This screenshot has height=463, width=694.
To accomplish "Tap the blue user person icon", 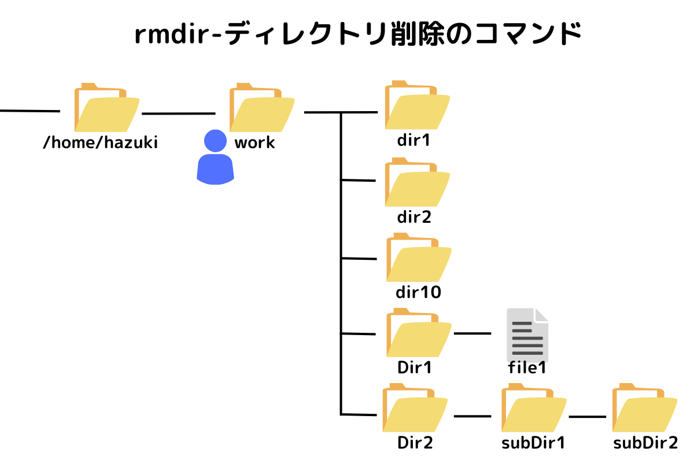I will [x=215, y=157].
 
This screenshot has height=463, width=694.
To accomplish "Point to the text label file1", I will [x=527, y=368].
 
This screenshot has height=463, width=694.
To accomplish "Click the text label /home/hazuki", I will [x=101, y=143].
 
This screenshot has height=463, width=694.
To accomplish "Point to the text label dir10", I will [x=419, y=292].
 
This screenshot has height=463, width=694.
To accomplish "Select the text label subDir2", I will [x=645, y=443].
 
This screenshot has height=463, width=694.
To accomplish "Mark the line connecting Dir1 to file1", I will [x=472, y=334].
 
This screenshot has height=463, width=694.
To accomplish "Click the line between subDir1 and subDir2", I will [x=587, y=417].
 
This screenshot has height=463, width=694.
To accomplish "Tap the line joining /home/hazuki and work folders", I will [x=178, y=113].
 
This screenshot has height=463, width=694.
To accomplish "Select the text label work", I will [x=254, y=143].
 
